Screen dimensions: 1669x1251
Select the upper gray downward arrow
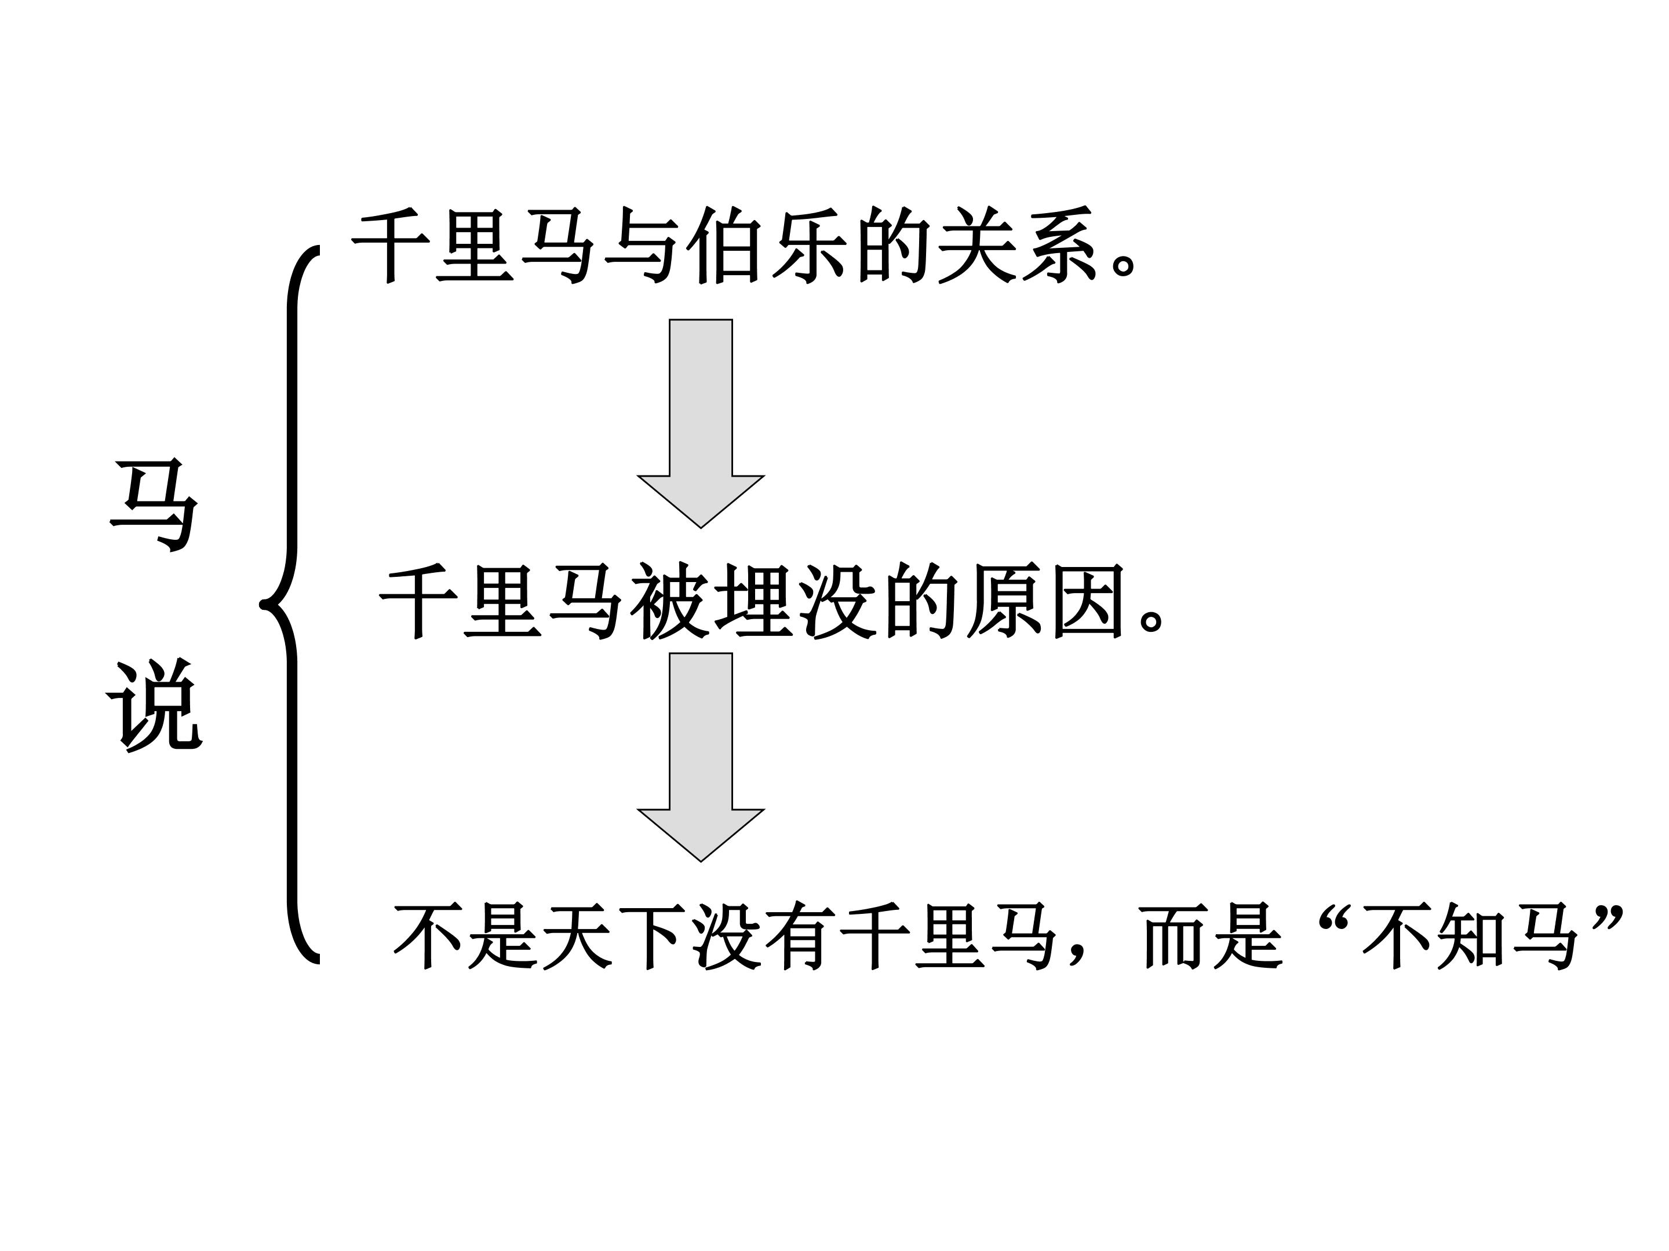pos(701,423)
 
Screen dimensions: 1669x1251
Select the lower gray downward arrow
pos(701,756)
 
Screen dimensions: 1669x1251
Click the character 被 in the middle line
pos(669,601)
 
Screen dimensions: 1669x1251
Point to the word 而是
pos(1211,937)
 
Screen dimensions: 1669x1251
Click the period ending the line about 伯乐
pos(1124,264)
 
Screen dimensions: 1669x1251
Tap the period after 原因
pos(1152,619)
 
